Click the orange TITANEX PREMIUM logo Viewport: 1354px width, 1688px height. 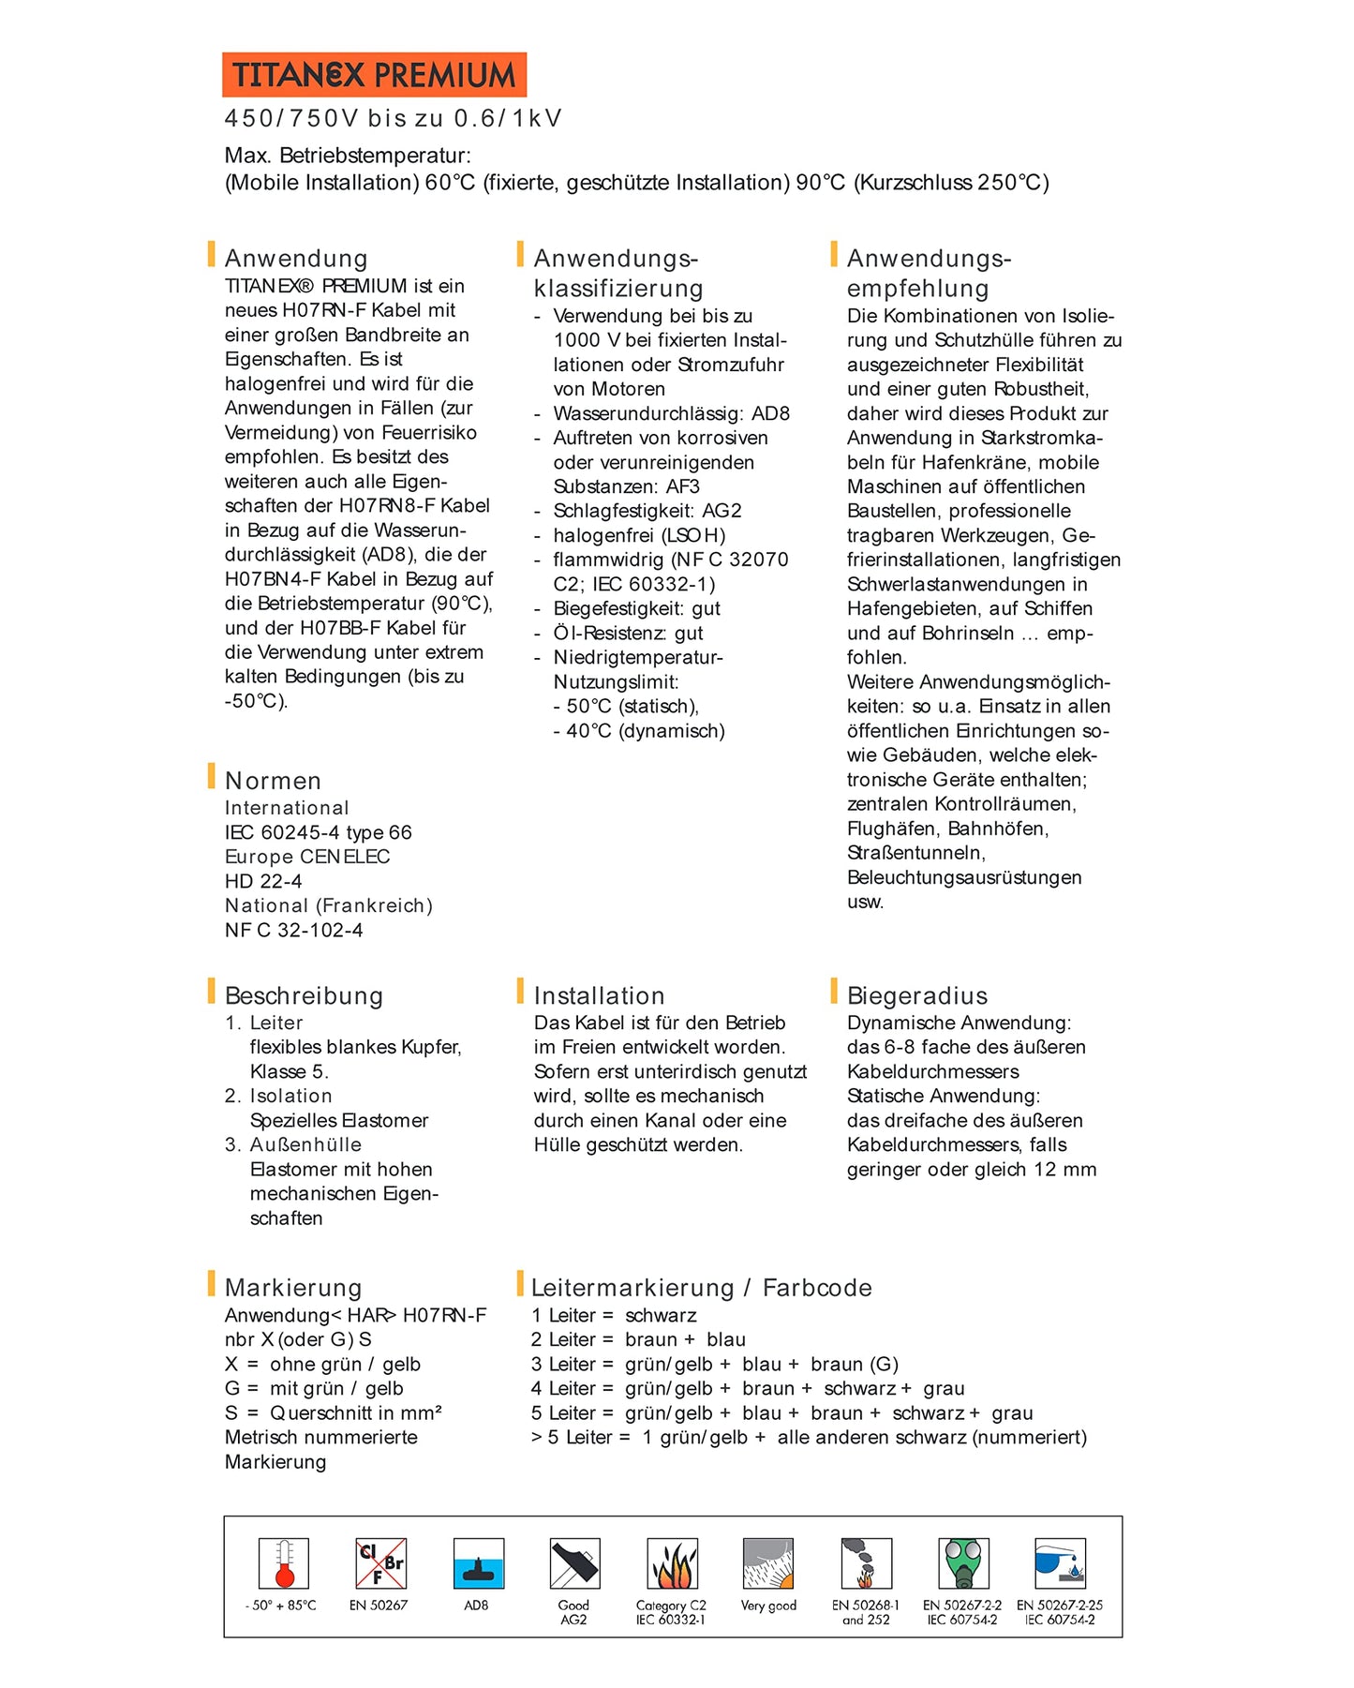click(374, 75)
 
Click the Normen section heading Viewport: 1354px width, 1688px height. click(273, 781)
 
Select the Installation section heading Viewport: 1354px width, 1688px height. click(599, 995)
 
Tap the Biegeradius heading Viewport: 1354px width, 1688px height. click(916, 995)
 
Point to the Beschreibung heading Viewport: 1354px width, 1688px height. click(304, 995)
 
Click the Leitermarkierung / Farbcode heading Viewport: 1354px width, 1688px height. click(701, 1288)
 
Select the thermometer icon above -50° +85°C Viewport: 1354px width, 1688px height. click(283, 1563)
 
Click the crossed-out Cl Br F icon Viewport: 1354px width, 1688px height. click(380, 1563)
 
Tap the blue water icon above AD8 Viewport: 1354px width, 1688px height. click(478, 1563)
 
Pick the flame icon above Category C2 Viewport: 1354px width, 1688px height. click(672, 1563)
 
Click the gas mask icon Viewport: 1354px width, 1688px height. click(963, 1563)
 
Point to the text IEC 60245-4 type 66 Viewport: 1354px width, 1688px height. click(318, 832)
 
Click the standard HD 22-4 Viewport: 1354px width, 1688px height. click(263, 881)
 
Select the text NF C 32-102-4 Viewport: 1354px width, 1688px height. click(293, 930)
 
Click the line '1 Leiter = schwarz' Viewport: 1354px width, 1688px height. click(614, 1315)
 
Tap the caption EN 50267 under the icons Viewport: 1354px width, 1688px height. click(379, 1606)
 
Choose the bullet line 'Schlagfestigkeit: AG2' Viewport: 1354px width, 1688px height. click(647, 511)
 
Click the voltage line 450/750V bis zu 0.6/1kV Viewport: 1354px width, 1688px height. click(393, 119)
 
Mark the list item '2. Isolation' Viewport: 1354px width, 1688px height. click(278, 1096)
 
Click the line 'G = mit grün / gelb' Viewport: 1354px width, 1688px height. click(314, 1388)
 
